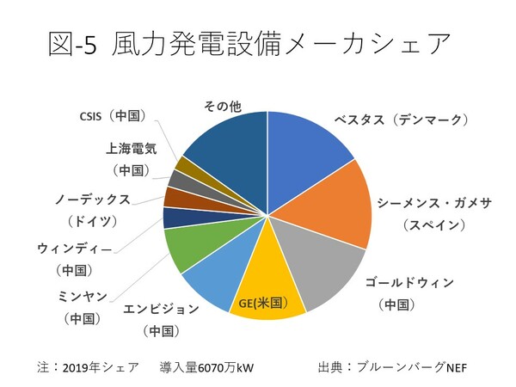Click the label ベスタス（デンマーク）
pyautogui.click(x=401, y=120)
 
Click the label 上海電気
pyautogui.click(x=126, y=147)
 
